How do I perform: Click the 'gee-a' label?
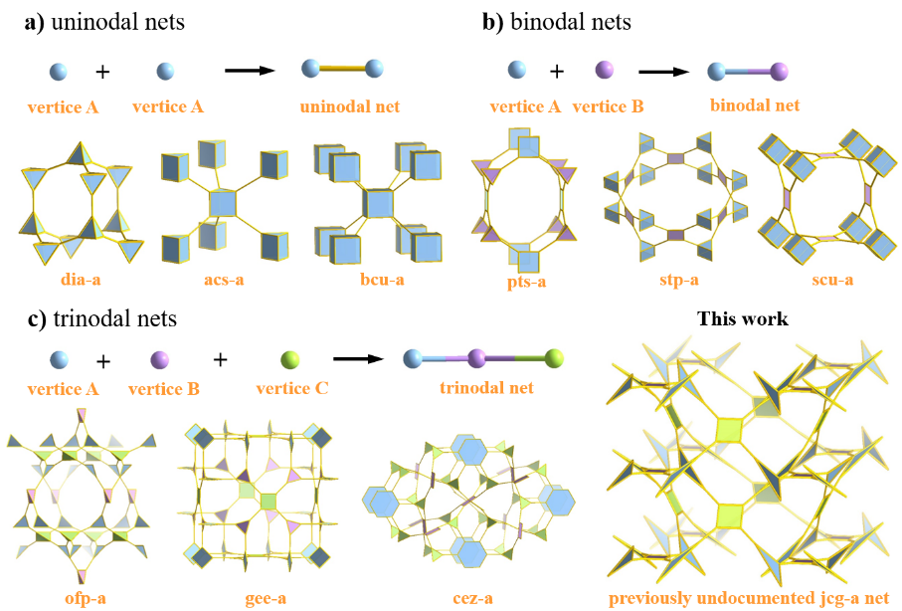click(x=265, y=599)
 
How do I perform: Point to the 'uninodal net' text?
click(x=351, y=105)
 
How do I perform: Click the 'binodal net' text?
click(x=755, y=103)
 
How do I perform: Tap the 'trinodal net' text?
click(x=486, y=387)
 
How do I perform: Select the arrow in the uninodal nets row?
click(x=248, y=71)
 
